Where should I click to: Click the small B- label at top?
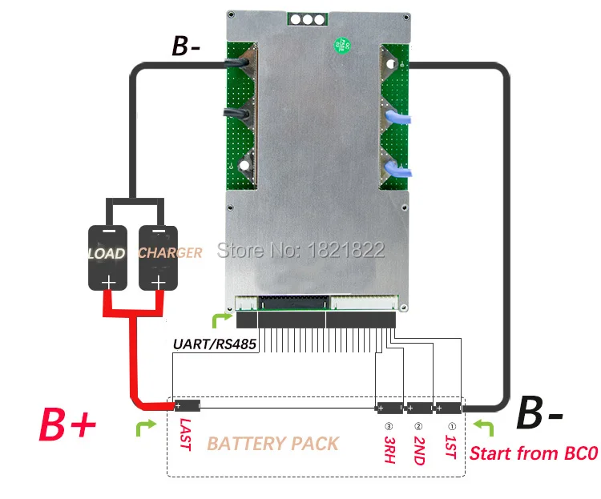click(x=187, y=46)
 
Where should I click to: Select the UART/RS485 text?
click(x=211, y=344)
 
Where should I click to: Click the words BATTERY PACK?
click(x=272, y=443)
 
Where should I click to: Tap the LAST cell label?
click(x=185, y=434)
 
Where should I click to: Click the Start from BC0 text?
click(x=533, y=453)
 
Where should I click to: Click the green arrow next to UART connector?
click(x=219, y=321)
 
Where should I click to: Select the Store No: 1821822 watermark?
click(x=301, y=251)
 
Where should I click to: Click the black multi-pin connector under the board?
click(x=316, y=320)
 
